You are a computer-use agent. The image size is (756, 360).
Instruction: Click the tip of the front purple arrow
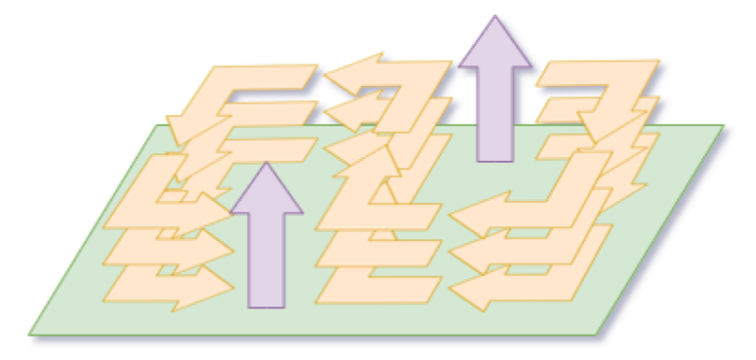(265, 163)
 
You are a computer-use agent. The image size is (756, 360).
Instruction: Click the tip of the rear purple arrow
(496, 17)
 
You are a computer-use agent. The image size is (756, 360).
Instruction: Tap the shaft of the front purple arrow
(265, 259)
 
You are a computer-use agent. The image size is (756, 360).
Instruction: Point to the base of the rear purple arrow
(496, 160)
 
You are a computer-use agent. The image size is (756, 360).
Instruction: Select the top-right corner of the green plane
(724, 126)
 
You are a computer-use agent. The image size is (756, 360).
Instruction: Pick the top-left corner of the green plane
(156, 126)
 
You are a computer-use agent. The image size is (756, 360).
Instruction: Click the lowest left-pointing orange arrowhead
(466, 292)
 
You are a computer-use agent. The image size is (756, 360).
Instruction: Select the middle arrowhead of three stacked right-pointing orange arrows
(217, 250)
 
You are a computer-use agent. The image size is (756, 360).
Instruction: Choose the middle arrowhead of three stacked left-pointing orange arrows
(466, 256)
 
